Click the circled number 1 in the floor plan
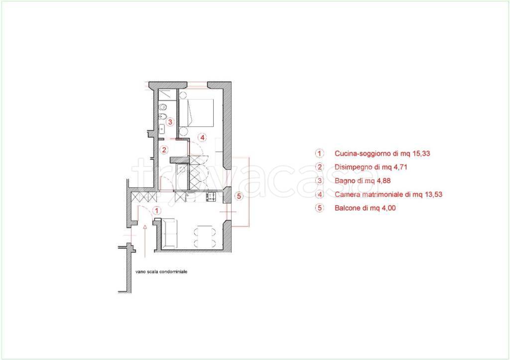(157, 211)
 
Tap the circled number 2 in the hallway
(164, 149)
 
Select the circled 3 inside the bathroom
(169, 122)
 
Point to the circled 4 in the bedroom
(202, 137)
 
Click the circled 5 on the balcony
(239, 196)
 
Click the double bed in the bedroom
(196, 113)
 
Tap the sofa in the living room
(169, 234)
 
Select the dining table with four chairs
(205, 237)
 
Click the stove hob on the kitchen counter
(211, 196)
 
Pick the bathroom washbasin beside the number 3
(162, 129)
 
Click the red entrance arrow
(144, 240)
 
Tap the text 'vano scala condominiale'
(161, 271)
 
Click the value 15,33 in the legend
(421, 153)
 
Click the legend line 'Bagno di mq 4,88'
(363, 181)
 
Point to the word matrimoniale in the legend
(381, 195)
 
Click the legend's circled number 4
(320, 195)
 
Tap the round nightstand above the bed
(183, 95)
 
